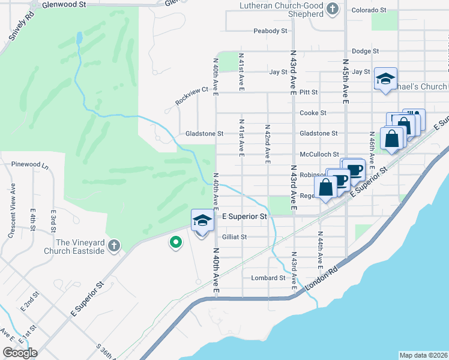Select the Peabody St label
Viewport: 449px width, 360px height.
pos(267,31)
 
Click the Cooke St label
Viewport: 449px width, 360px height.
pos(313,113)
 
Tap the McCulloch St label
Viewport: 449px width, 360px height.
pos(319,154)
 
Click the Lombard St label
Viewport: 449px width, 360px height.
pos(268,278)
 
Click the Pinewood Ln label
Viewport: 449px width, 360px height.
pos(25,164)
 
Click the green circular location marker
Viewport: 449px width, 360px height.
pos(175,242)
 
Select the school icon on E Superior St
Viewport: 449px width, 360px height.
pos(202,221)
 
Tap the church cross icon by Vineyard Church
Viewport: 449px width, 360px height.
pos(114,246)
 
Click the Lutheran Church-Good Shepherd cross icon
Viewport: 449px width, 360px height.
pos(334,8)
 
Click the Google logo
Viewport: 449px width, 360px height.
pos(20,353)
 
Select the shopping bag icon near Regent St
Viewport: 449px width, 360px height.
pos(325,187)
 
